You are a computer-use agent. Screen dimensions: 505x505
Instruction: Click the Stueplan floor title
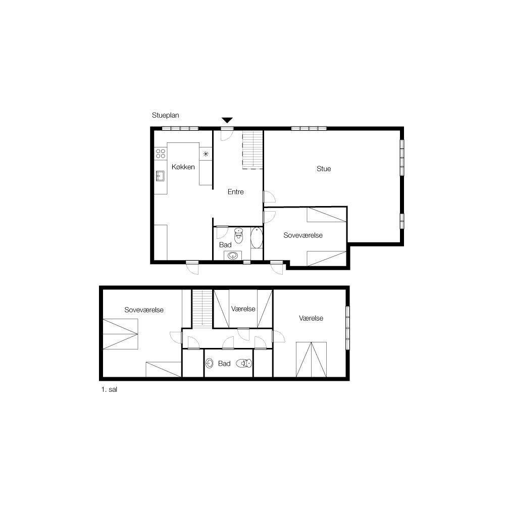tap(165, 115)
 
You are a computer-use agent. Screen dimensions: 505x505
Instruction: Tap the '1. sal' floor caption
tap(109, 389)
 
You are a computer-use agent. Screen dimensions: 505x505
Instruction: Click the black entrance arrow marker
tap(227, 120)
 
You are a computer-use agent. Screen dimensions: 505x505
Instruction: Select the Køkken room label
tap(183, 167)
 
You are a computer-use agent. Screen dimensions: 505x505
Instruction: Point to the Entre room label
tap(235, 192)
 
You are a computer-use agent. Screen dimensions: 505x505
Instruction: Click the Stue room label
tap(324, 169)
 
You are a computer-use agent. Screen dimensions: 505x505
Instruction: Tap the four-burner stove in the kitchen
tap(161, 154)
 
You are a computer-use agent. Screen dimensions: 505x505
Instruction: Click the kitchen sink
tap(160, 176)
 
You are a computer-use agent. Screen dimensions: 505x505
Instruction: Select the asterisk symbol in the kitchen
tap(206, 154)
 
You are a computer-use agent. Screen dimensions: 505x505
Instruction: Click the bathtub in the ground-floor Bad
tap(257, 238)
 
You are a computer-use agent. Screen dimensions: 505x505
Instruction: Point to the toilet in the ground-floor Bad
tap(238, 235)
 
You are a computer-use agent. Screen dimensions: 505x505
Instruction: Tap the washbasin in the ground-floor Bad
tap(232, 256)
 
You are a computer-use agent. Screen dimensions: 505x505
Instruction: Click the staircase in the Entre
tap(252, 149)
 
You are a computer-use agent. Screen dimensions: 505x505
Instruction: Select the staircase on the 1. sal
tap(203, 308)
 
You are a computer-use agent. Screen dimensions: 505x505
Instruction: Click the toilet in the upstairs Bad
tap(244, 363)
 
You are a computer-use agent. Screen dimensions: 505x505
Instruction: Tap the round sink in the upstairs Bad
tap(210, 363)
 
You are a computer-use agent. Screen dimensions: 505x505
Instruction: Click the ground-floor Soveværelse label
tap(302, 235)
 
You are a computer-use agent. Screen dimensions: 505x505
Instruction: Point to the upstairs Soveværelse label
tap(143, 310)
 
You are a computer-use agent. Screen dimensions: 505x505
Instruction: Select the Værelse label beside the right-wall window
tap(311, 318)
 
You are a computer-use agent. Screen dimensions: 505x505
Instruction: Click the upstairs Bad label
tap(224, 364)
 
